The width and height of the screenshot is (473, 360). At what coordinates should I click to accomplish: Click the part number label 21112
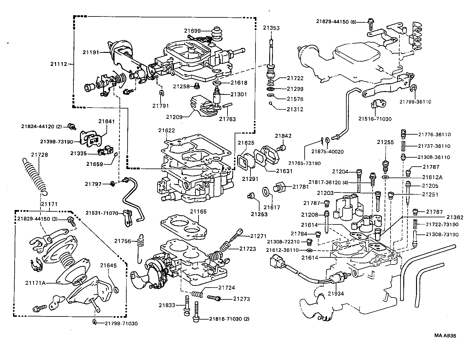[59, 64]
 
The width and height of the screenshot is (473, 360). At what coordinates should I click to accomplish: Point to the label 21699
[192, 30]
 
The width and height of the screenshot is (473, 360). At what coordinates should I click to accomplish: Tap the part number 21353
[271, 28]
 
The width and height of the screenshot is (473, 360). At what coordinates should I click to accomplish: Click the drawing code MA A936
[445, 335]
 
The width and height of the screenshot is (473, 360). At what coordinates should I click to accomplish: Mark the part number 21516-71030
[375, 119]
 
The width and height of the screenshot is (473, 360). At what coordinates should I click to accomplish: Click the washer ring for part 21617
[266, 192]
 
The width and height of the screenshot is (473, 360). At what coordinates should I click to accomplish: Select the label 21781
[301, 187]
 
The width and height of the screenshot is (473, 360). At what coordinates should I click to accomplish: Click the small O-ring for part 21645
[116, 290]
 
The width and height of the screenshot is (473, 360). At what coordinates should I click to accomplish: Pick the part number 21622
[166, 131]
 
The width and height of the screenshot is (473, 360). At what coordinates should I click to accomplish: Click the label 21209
[174, 117]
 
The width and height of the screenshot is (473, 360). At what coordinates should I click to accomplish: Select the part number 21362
[455, 217]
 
